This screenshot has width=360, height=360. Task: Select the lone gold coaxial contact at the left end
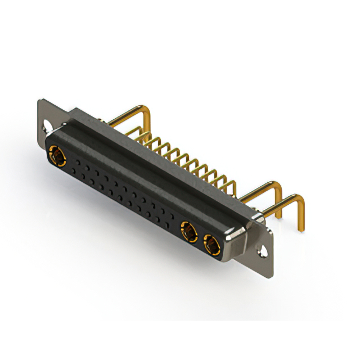pos(57,155)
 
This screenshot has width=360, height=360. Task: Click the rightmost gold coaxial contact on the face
pos(212,245)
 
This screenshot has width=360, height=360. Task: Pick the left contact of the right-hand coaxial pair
pos(188,232)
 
